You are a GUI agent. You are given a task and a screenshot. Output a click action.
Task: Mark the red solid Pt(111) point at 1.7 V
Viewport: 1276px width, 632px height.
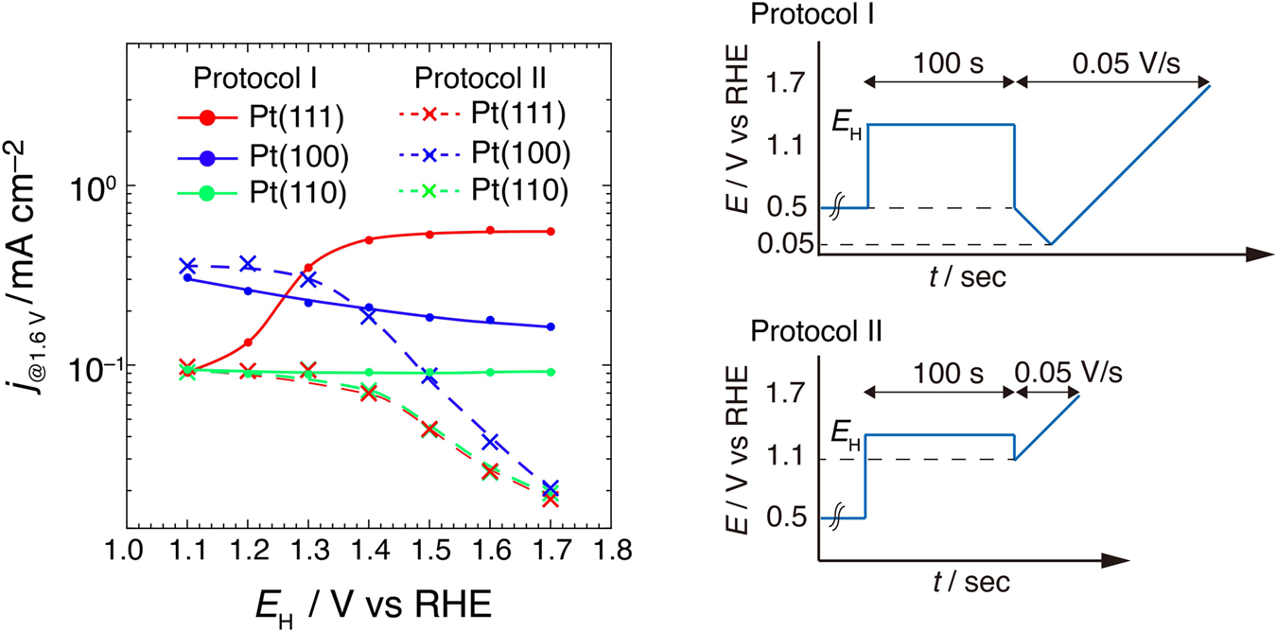point(551,231)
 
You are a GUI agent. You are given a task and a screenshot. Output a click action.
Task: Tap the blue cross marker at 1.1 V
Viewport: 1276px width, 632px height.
point(187,267)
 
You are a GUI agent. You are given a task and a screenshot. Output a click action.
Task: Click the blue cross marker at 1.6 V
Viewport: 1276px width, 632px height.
point(490,442)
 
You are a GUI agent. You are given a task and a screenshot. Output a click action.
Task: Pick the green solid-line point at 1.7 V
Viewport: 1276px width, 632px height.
point(551,372)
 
